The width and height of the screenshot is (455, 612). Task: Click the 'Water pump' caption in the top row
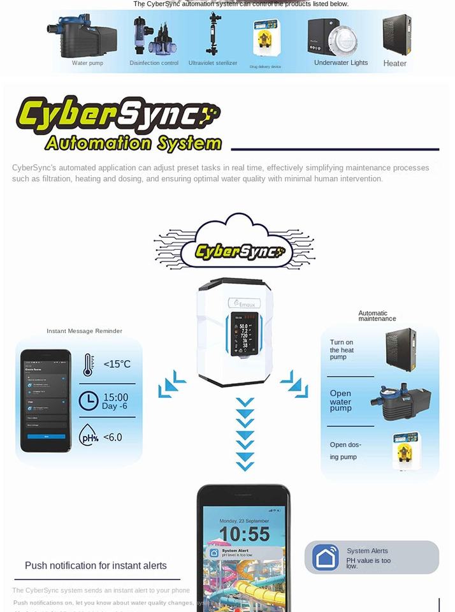click(x=87, y=63)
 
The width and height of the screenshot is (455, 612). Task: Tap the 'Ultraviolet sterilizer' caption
click(x=213, y=63)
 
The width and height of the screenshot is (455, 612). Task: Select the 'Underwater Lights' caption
click(x=341, y=62)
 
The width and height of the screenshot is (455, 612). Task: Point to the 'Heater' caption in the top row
click(x=395, y=63)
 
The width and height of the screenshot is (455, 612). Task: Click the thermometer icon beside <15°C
click(x=87, y=365)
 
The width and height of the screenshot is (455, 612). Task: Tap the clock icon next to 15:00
click(x=89, y=401)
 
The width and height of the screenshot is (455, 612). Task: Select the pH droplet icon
click(x=88, y=437)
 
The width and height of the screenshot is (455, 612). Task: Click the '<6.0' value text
click(x=113, y=437)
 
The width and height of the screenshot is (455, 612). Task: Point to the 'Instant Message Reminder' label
click(x=84, y=331)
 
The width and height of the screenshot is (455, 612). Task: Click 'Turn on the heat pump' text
click(x=342, y=350)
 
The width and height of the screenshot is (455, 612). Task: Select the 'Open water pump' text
click(x=340, y=401)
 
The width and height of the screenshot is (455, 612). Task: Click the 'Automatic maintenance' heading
click(x=377, y=316)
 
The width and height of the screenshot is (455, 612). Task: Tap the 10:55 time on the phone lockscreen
click(x=244, y=534)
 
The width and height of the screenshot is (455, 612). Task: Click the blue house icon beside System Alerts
click(x=326, y=557)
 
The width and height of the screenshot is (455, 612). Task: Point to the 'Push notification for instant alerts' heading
click(x=96, y=565)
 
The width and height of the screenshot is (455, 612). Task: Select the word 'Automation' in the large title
click(x=93, y=143)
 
